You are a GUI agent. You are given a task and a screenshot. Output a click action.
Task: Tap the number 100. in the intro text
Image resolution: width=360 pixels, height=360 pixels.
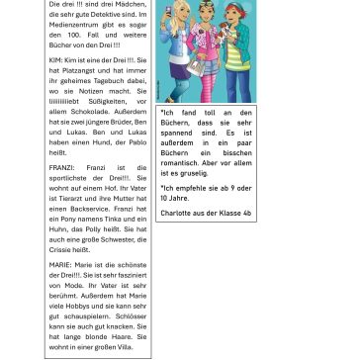tap(78, 37)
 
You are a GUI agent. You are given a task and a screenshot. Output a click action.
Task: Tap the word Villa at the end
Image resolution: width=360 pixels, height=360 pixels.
tap(125, 349)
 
